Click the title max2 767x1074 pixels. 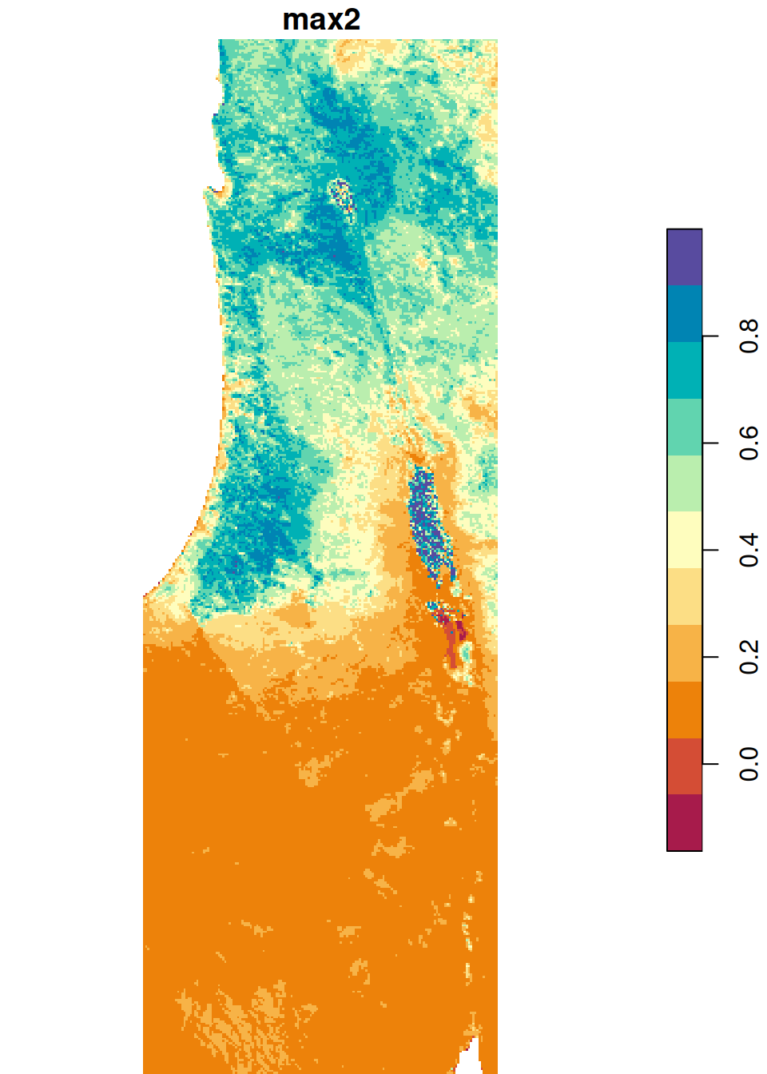coord(321,20)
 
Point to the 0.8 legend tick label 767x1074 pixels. coord(749,336)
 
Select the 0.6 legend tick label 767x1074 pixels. coord(749,443)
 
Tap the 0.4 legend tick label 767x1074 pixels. coord(749,550)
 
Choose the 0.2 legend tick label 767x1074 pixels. coord(749,657)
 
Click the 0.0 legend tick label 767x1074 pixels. coord(749,764)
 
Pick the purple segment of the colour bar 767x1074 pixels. coord(684,257)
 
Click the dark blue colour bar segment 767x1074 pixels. coord(684,314)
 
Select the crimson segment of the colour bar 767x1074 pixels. coord(684,822)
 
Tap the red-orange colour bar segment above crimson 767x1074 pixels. coord(684,766)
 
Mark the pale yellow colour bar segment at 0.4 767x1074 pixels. coord(684,540)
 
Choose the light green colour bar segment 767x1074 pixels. coord(684,483)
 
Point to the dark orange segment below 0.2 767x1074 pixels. coord(684,710)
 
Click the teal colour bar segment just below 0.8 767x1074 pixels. coord(684,371)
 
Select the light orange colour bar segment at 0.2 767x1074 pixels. coord(684,653)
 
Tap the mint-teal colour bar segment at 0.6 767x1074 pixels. coord(684,428)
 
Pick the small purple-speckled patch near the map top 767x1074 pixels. coord(342,193)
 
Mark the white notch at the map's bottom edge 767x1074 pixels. coord(471,1059)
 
